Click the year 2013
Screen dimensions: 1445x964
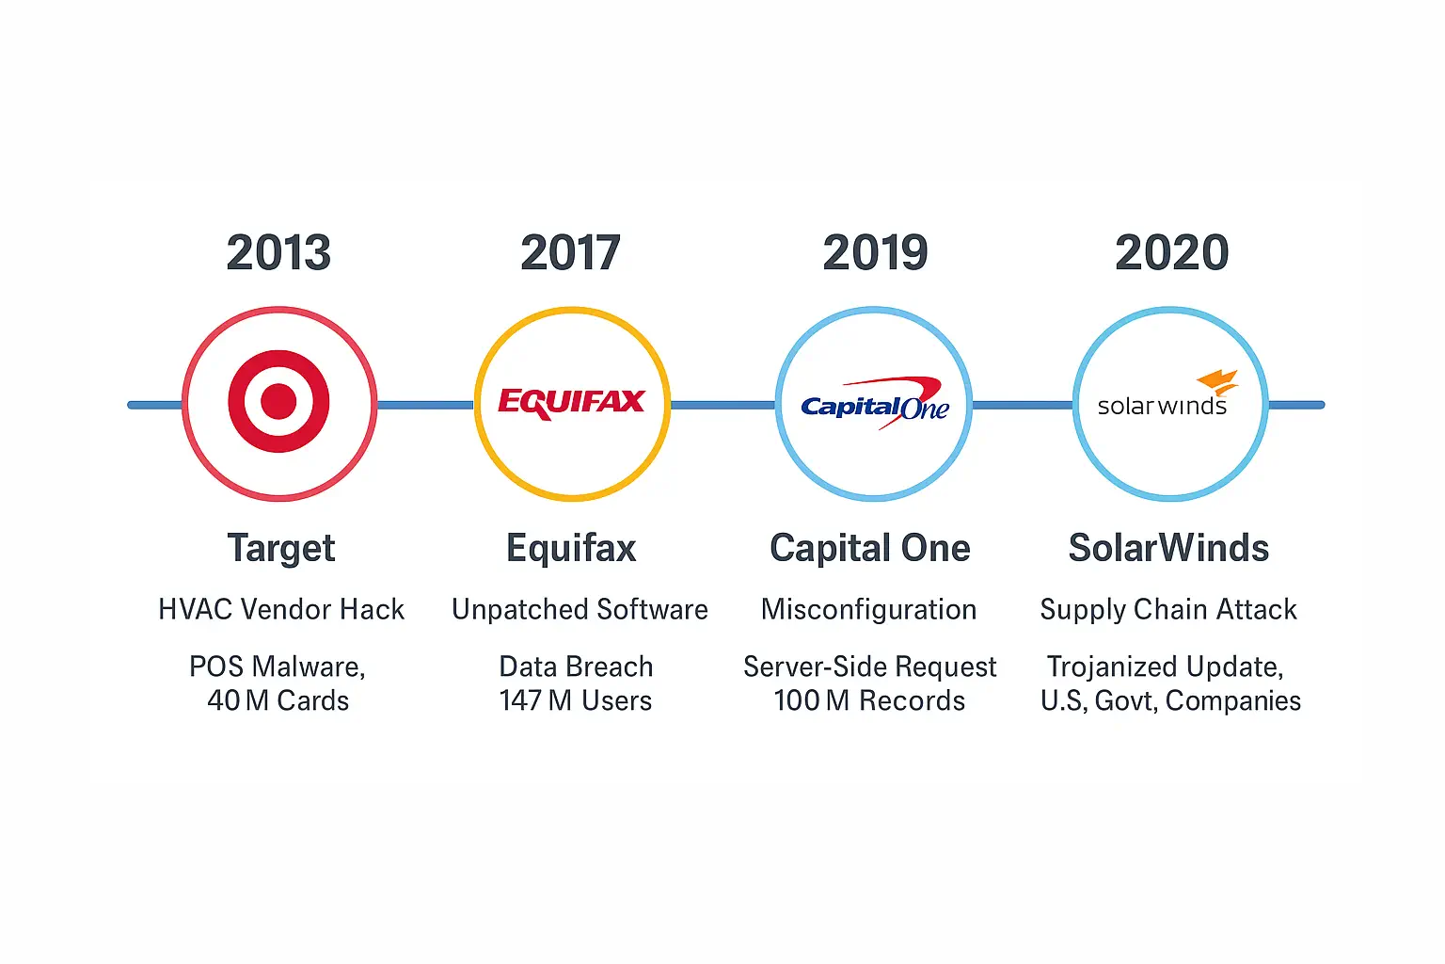[x=278, y=252]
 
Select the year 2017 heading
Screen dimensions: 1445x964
[x=571, y=252]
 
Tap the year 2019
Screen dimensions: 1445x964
[x=876, y=252]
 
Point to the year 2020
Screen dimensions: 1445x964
[x=1171, y=252]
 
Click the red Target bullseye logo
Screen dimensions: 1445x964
[x=278, y=402]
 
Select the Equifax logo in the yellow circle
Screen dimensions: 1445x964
[x=572, y=403]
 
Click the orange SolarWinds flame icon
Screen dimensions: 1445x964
[x=1218, y=381]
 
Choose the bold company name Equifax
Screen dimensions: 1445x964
[x=572, y=549]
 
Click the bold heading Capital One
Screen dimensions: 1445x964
[x=870, y=548]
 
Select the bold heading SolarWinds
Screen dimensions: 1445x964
[x=1169, y=548]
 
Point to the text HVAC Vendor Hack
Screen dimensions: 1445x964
[x=281, y=609]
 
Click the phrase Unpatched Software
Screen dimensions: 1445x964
[x=580, y=609]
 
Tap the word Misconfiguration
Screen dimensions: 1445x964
[x=869, y=610]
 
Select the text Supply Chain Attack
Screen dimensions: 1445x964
[x=1168, y=610]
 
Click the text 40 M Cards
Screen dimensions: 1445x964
[x=278, y=700]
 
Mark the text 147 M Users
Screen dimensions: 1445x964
[x=576, y=700]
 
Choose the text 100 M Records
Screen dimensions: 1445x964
[x=869, y=700]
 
